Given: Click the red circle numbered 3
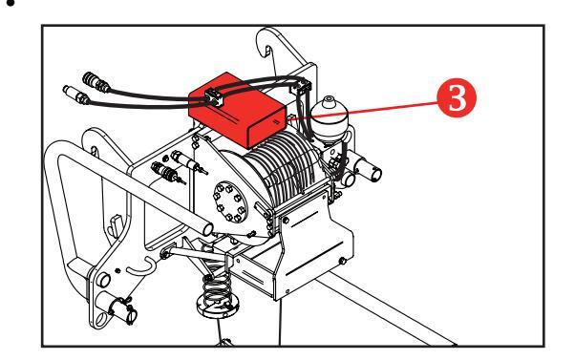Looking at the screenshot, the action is click(457, 97).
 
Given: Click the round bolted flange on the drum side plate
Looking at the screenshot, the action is click(230, 202).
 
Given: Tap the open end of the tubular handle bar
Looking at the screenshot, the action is click(207, 229).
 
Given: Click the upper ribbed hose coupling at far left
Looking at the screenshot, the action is click(96, 82).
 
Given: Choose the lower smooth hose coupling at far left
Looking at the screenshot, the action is click(75, 95).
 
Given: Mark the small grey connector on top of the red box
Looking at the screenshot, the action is click(215, 97).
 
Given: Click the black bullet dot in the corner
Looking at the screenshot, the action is click(11, 4).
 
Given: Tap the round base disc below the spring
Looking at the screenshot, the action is click(218, 307).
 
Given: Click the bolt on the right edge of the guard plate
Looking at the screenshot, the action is click(343, 261).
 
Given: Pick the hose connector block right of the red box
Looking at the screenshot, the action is click(301, 88).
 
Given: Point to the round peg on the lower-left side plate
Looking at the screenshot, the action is click(103, 280).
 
